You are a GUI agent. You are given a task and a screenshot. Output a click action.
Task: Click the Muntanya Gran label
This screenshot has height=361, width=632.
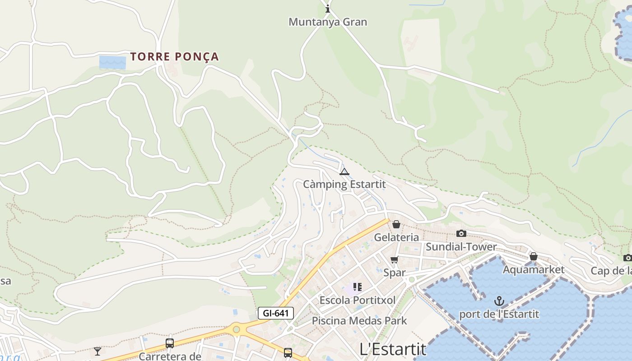[x=328, y=22]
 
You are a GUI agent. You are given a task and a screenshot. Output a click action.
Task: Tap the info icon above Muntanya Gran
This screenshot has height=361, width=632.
[x=328, y=9]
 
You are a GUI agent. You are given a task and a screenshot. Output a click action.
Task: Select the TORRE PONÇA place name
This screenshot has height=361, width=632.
[x=175, y=56]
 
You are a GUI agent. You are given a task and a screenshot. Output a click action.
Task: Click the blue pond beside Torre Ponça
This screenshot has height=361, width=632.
[x=112, y=62]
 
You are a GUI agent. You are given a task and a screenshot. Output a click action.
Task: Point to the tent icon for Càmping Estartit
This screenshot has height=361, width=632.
[x=344, y=171]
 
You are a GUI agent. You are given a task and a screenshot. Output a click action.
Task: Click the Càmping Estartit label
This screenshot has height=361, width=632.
[x=344, y=184]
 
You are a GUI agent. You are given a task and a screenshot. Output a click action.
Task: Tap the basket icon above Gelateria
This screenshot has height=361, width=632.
[x=396, y=224]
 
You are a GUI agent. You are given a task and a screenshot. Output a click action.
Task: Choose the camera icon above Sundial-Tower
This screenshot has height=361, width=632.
[x=461, y=233]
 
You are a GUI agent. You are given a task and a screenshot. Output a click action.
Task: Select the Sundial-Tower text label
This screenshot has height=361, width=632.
[x=461, y=246]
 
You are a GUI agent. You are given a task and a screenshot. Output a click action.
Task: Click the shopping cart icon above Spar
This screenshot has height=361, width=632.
[x=395, y=259]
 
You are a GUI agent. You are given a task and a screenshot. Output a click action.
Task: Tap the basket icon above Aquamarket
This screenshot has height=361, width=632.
[x=534, y=256]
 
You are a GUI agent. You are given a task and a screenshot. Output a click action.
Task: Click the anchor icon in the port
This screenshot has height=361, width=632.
[x=499, y=301]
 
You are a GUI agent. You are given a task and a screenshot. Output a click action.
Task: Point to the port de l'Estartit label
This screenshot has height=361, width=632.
[x=499, y=314]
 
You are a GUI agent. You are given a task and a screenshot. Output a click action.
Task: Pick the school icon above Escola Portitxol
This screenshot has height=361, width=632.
[x=358, y=287]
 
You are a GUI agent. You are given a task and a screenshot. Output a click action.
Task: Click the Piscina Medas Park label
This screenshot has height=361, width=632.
[x=359, y=321]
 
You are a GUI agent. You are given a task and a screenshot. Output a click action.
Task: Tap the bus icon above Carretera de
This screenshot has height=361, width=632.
[x=170, y=343]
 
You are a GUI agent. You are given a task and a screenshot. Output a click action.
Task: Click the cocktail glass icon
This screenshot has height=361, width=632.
[x=98, y=351]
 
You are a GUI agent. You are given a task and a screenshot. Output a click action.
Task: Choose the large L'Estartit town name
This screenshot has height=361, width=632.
[x=393, y=349]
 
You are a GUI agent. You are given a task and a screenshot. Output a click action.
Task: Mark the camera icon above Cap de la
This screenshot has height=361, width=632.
[x=627, y=258]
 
